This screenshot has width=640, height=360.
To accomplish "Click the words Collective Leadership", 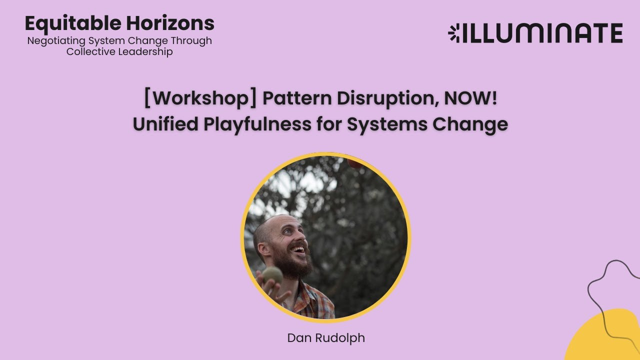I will pos(119,52).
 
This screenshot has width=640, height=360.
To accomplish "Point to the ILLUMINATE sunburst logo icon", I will pos(454,33).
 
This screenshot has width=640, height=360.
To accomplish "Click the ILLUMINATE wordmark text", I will pos(542,33).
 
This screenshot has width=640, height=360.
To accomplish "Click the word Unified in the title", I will pos(165,124).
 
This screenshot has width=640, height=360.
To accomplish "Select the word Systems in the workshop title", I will pos(387,124).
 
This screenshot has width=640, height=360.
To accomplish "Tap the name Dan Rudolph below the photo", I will pos(326,338).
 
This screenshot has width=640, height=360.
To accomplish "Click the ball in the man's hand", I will pos(272,274).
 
